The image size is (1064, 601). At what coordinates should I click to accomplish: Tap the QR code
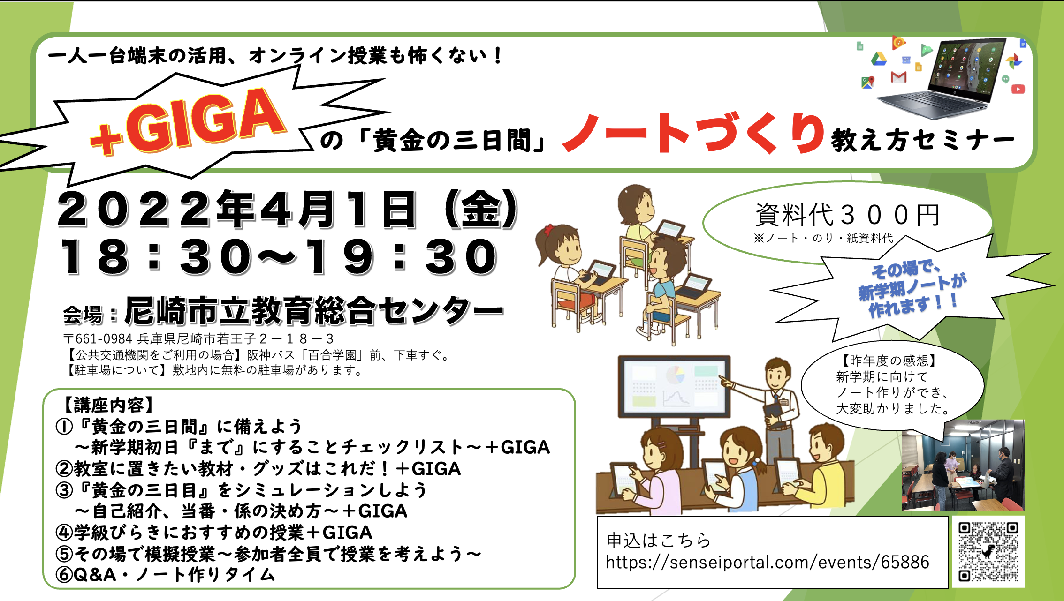click(x=988, y=552)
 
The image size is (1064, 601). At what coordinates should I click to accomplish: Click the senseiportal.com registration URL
click(x=768, y=562)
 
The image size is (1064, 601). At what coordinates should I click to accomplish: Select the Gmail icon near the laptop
click(x=898, y=77)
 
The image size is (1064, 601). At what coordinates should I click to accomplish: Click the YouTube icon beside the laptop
click(x=1018, y=89)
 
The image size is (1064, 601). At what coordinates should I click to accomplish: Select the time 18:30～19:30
click(x=279, y=256)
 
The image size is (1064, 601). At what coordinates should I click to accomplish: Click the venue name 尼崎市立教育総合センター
click(x=313, y=311)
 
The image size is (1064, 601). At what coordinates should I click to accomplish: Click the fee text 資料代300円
click(x=847, y=215)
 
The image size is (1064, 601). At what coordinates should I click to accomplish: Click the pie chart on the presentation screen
click(x=675, y=375)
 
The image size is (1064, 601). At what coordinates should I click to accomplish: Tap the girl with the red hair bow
click(x=565, y=253)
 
